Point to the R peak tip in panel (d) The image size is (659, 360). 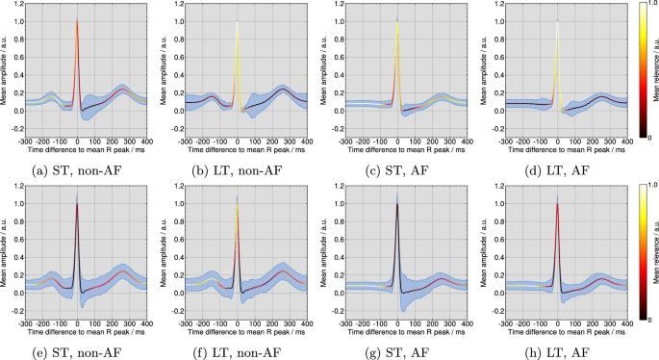557,19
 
